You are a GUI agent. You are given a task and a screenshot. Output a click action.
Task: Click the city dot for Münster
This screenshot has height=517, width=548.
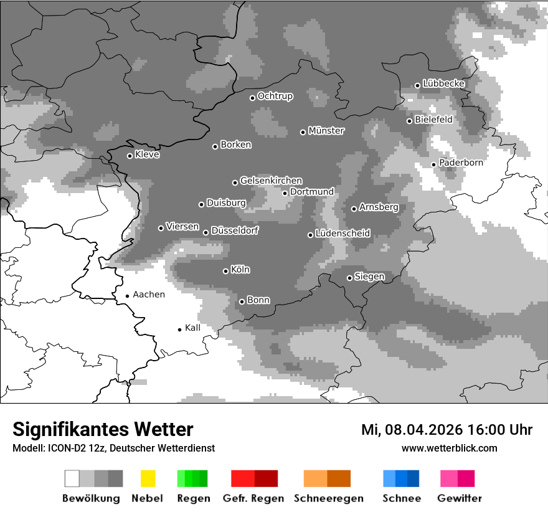point(303,132)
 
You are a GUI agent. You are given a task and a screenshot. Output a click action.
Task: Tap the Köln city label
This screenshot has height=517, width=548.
point(240,270)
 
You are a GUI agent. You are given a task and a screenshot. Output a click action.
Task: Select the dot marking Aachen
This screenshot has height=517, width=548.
point(127,296)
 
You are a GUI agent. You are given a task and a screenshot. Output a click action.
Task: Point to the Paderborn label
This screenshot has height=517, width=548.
point(461,163)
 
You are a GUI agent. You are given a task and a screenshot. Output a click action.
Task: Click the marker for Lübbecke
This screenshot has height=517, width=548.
point(417,85)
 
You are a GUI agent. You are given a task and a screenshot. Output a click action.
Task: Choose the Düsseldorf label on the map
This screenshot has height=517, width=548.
point(235,230)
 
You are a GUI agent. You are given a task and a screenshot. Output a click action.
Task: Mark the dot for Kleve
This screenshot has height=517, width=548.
point(130,156)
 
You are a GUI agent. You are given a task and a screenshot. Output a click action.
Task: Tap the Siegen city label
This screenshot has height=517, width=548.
point(369,277)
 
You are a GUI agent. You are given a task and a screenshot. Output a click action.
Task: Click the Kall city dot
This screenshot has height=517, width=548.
point(179,330)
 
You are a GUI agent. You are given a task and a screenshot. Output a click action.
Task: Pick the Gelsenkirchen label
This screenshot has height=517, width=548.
point(271,181)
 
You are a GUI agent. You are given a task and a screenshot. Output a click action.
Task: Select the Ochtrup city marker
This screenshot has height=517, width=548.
point(252,98)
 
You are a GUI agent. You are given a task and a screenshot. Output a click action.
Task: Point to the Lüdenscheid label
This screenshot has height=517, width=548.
point(342,234)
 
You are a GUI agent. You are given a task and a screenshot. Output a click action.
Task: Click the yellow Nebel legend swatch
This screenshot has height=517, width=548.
point(148,478)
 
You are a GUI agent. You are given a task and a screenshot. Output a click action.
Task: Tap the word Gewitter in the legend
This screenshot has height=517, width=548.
point(460,498)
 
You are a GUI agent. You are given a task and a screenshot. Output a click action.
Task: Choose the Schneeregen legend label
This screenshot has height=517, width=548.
point(328,498)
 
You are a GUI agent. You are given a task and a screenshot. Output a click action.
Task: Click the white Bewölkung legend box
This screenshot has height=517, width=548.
point(72,478)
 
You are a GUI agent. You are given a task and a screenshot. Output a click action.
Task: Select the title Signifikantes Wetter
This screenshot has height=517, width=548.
point(103,429)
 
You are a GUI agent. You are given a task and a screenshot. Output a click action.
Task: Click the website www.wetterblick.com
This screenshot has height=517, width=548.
point(449,448)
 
